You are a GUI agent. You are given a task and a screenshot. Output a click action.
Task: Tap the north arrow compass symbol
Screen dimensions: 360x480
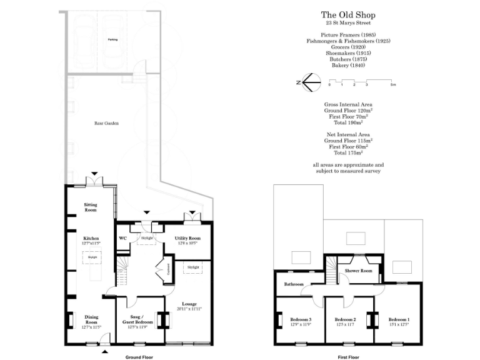(x=311, y=82)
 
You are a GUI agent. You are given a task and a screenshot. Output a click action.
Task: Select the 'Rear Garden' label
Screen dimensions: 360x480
(x=106, y=123)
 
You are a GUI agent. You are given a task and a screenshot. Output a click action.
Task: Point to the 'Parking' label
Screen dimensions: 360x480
(x=112, y=39)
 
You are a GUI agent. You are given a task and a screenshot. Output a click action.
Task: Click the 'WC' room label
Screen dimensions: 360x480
(x=122, y=238)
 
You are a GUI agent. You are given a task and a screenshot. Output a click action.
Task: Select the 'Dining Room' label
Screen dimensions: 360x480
(x=91, y=319)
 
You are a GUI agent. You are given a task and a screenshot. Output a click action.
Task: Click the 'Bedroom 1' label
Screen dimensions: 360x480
(x=397, y=321)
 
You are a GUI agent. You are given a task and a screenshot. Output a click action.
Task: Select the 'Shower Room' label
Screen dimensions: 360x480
(x=359, y=271)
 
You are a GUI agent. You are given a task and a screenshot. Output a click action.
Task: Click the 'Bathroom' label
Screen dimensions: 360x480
(x=293, y=284)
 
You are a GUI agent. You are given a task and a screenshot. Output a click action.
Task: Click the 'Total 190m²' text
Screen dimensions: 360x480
(x=348, y=122)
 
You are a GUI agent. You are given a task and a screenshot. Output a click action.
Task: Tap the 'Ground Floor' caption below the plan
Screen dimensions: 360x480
(x=137, y=357)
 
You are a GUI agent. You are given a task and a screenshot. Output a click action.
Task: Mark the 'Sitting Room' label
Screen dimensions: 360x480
(x=91, y=207)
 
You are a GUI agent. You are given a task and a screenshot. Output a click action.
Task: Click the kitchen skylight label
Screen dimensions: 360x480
(x=91, y=257)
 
